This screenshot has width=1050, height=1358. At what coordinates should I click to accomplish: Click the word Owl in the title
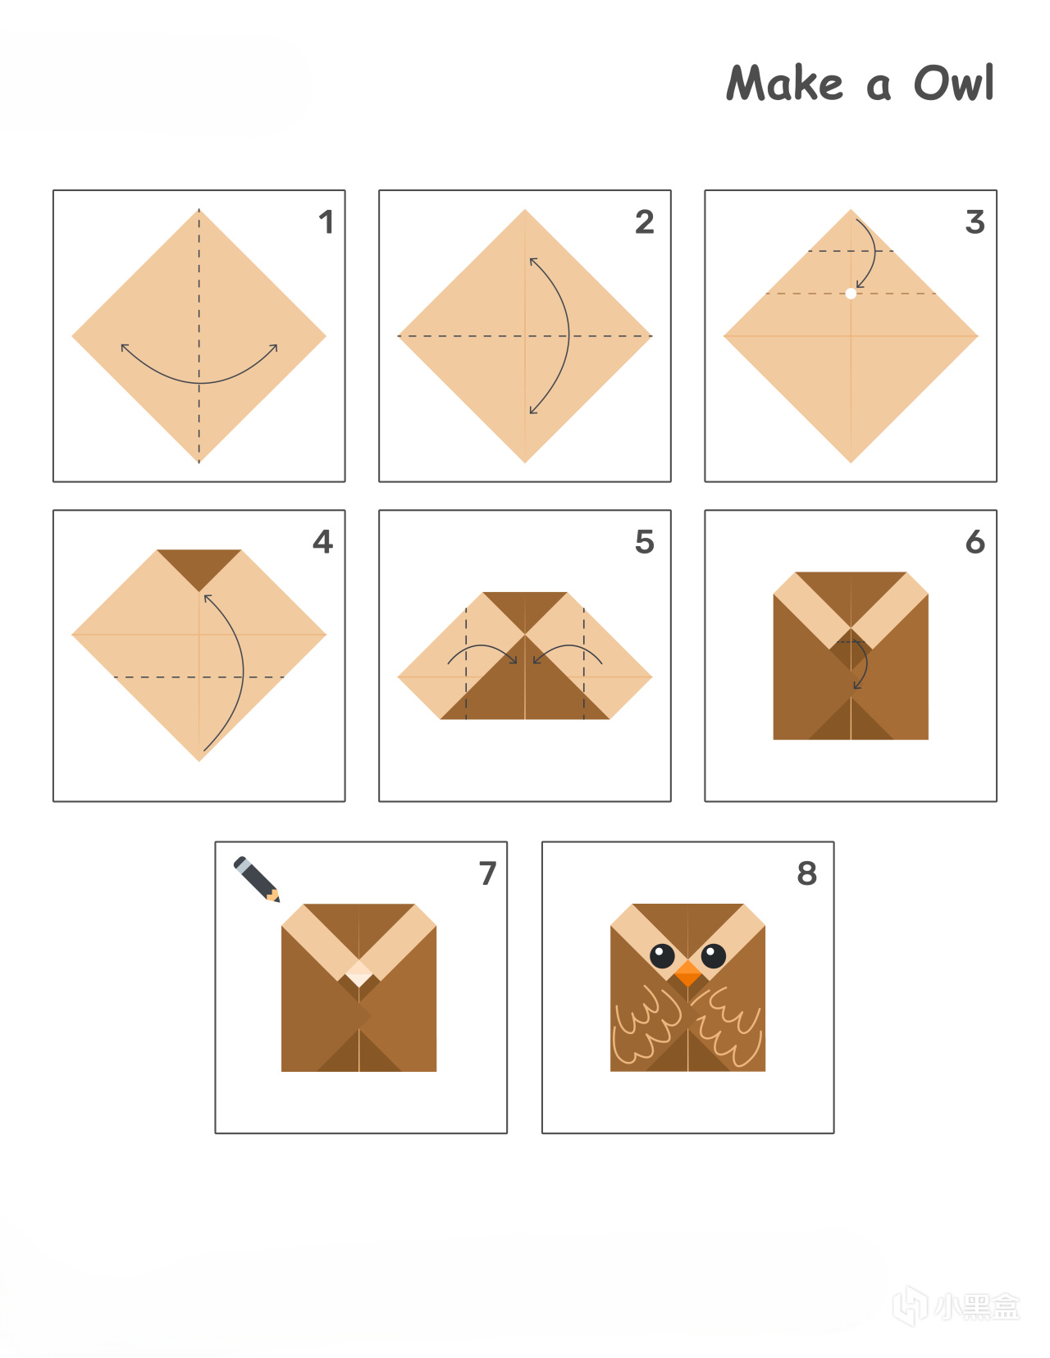[x=954, y=83]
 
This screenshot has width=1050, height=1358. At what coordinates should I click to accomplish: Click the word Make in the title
[x=784, y=83]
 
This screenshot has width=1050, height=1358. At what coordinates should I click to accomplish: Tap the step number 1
[x=326, y=222]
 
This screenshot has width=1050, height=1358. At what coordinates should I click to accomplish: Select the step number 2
[x=645, y=222]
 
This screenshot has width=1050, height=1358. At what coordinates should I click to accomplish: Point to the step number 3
[x=975, y=222]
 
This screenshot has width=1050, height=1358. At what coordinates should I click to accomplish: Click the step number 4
[x=323, y=541]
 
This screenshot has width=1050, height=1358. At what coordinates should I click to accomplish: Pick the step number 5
[x=645, y=541]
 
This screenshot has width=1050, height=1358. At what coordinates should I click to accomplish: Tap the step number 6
[x=975, y=541]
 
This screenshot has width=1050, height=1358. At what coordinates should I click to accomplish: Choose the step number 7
[x=487, y=873]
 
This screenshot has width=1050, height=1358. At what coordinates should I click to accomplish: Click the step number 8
[x=807, y=873]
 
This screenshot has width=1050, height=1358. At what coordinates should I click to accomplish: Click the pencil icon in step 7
[x=257, y=879]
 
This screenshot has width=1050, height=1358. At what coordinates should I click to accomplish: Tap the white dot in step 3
[x=851, y=294]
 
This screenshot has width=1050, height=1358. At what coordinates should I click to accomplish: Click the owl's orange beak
[x=688, y=973]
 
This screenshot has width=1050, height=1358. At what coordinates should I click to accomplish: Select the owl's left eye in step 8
[x=663, y=955]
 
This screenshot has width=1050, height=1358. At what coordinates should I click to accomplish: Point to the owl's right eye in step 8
[x=714, y=955]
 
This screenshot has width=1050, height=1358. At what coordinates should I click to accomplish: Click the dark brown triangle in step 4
[x=199, y=566]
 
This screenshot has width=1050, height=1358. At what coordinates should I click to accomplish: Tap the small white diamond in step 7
[x=358, y=973]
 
